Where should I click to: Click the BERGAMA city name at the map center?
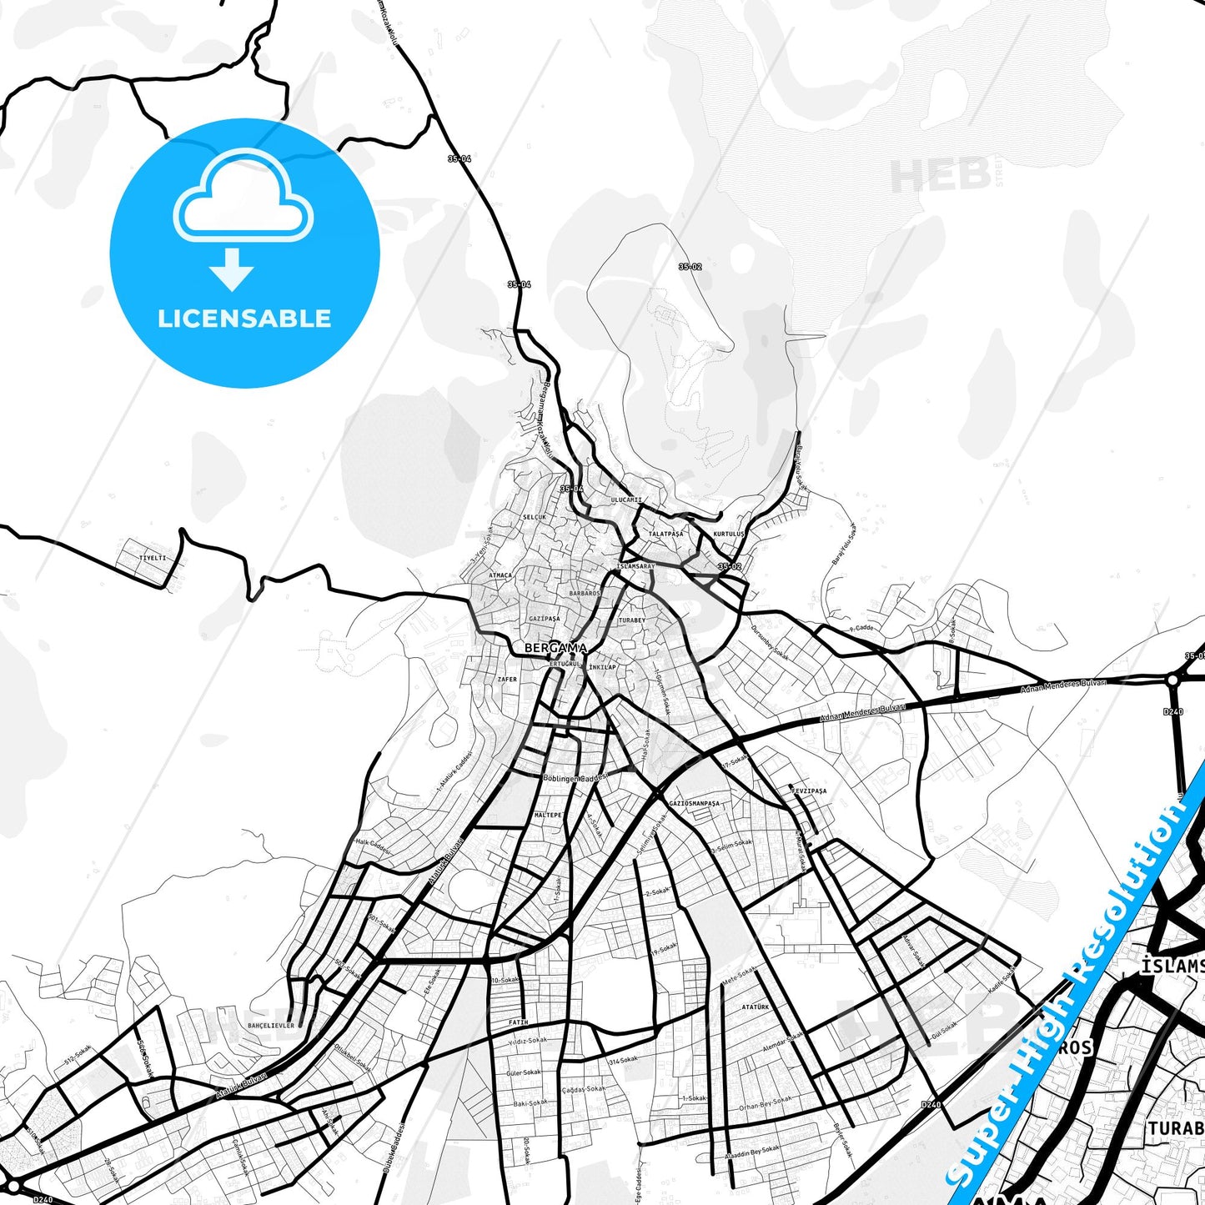tap(555, 648)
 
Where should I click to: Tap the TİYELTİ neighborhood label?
tap(153, 558)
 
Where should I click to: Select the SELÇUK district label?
tap(534, 517)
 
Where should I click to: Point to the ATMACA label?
tap(500, 575)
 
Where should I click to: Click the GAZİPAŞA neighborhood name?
tap(545, 619)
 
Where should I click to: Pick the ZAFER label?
tap(507, 680)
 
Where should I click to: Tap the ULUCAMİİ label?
tap(627, 500)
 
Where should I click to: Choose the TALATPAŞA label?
tap(665, 533)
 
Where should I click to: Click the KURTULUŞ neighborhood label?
tap(729, 534)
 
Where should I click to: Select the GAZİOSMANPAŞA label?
tap(694, 803)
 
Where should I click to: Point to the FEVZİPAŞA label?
tap(808, 791)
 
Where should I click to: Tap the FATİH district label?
tap(518, 1022)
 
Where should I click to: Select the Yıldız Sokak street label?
tap(527, 1041)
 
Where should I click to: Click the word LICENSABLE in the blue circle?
tap(244, 318)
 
